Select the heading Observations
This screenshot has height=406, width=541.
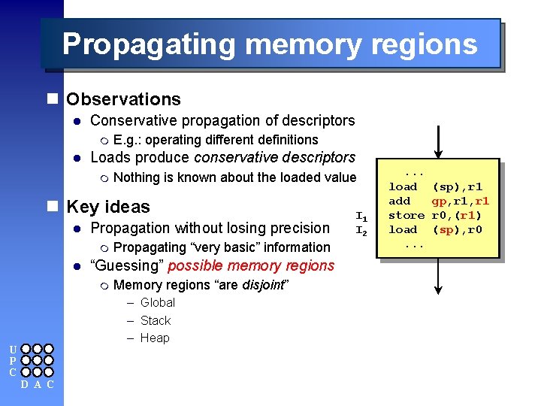point(123,99)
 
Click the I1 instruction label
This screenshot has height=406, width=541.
point(361,216)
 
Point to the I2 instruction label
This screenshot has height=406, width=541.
point(361,230)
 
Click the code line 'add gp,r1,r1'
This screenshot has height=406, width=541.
point(439,201)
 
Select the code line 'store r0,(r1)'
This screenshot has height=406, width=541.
point(439,215)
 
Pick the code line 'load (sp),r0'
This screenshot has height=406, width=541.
point(435,229)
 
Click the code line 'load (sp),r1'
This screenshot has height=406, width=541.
point(435,186)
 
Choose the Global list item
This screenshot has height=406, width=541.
point(157,302)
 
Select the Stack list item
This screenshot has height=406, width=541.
point(156,320)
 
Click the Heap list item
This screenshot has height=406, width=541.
point(155,338)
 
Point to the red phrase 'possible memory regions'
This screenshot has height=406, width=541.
point(251,265)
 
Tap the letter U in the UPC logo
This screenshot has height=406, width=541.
point(12,350)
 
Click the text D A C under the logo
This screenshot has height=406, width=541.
point(36,385)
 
